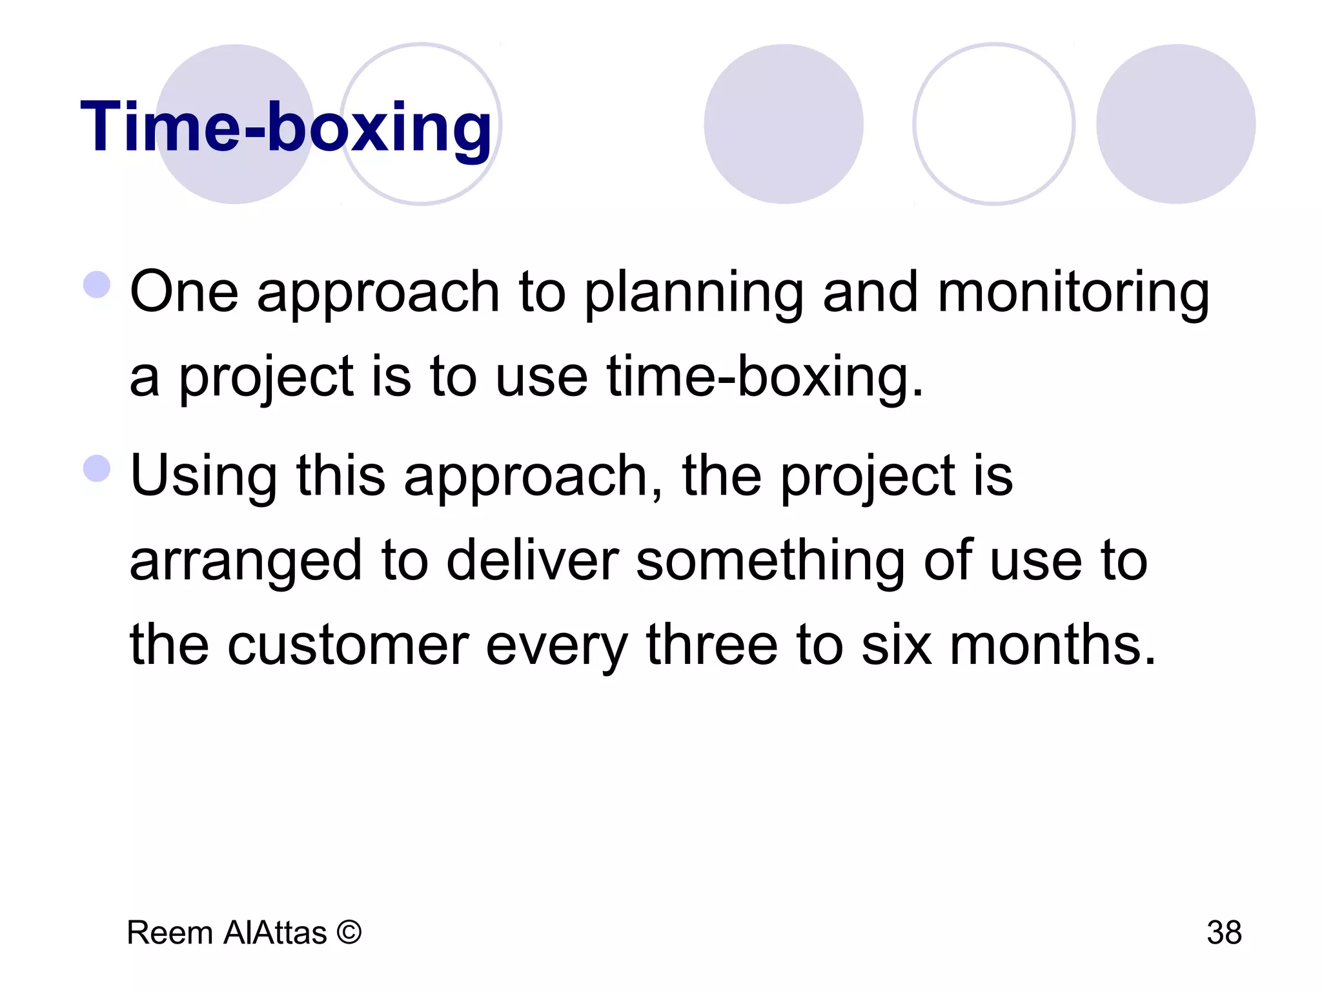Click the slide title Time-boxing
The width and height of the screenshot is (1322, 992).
click(x=286, y=127)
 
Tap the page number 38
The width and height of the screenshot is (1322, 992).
click(x=1224, y=933)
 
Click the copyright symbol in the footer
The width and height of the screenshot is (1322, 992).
click(x=349, y=932)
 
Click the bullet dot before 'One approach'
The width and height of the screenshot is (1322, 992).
click(x=97, y=285)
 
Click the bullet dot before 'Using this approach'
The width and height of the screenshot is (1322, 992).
click(x=97, y=468)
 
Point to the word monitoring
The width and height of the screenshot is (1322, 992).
click(x=1073, y=292)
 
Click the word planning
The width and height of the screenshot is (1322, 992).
click(x=695, y=292)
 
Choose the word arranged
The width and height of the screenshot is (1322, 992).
click(x=246, y=561)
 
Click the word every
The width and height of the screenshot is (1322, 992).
click(x=556, y=646)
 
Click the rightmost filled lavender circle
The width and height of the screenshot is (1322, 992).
click(x=1175, y=124)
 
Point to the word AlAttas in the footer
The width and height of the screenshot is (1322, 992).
click(x=275, y=933)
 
